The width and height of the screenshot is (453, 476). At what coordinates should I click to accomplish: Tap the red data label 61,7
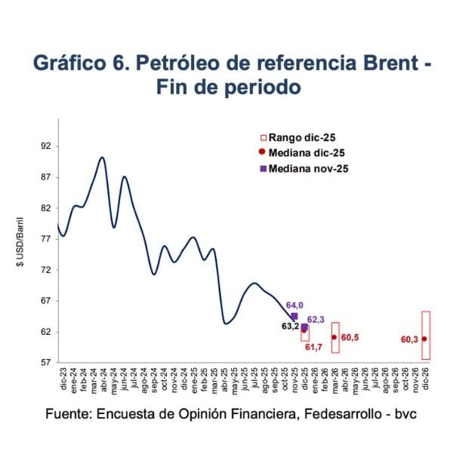pyautogui.click(x=313, y=347)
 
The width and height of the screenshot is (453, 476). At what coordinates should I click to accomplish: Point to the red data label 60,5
pyautogui.click(x=350, y=337)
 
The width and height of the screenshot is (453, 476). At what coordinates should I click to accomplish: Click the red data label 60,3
pyautogui.click(x=410, y=339)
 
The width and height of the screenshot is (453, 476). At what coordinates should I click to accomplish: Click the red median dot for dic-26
pyautogui.click(x=425, y=339)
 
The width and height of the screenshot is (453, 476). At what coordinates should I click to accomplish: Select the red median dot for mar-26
pyautogui.click(x=334, y=337)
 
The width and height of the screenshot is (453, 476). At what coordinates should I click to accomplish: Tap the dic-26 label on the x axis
pyautogui.click(x=426, y=376)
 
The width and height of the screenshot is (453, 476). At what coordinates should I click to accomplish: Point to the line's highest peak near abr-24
pyautogui.click(x=102, y=157)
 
